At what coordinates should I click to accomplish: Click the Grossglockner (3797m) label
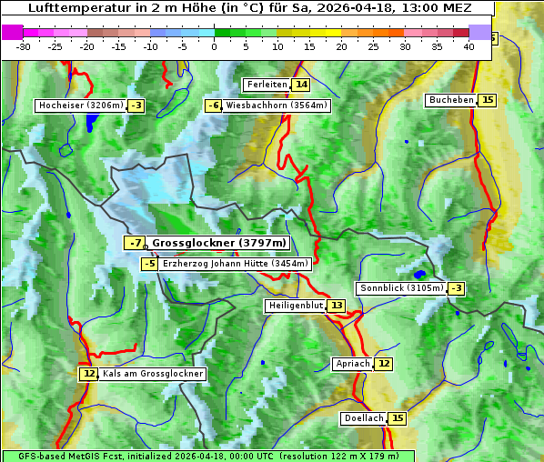(x=218, y=243)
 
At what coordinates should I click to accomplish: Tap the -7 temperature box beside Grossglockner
(x=135, y=243)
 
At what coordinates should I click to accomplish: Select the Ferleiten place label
(x=267, y=85)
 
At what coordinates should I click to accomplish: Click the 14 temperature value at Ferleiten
(x=301, y=85)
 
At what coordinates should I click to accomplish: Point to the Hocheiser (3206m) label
(x=80, y=105)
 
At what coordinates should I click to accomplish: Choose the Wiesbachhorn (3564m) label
(x=277, y=105)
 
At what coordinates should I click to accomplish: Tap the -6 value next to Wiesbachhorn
(x=214, y=105)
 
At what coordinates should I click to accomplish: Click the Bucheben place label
(x=451, y=100)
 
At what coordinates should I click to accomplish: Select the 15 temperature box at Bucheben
(x=488, y=100)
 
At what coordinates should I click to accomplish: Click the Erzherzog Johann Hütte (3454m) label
(x=236, y=264)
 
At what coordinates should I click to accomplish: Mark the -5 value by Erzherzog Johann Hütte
(x=150, y=264)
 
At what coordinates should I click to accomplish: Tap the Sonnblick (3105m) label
(x=401, y=288)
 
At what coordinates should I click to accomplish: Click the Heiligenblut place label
(x=296, y=306)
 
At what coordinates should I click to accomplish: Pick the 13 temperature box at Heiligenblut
(x=337, y=306)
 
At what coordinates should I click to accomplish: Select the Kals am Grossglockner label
(x=152, y=374)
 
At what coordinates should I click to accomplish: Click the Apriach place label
(x=353, y=364)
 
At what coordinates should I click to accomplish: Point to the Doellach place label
(x=363, y=418)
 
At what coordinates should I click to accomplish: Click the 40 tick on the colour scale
(x=468, y=46)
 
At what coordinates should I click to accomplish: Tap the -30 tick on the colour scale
(x=24, y=46)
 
